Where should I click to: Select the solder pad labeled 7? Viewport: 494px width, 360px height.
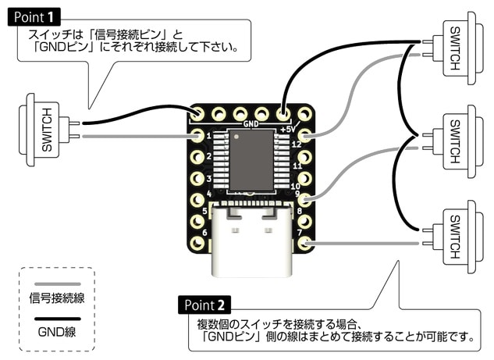pos(305,243)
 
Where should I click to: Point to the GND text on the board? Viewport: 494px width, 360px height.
pos(251,123)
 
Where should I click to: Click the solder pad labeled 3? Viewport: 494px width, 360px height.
pos(197,179)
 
